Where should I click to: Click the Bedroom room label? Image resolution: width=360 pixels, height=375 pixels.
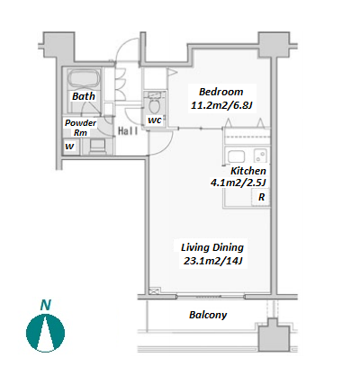(x=221, y=92)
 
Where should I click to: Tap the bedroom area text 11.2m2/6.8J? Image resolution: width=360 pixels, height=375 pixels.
(x=221, y=105)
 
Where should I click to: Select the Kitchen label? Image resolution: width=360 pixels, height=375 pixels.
(x=248, y=171)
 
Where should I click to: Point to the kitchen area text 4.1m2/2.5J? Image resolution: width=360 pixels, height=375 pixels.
(x=238, y=183)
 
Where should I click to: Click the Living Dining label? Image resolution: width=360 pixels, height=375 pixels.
(x=212, y=247)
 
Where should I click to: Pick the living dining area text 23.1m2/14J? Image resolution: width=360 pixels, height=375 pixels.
(x=212, y=261)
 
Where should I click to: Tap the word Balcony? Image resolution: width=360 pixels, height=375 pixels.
(x=208, y=315)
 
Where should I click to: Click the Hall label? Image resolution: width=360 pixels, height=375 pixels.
(x=128, y=131)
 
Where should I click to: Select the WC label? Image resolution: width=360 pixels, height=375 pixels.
(x=155, y=121)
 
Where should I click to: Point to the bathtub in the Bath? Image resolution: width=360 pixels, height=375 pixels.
(x=84, y=78)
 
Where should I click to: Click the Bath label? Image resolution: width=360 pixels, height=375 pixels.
(x=84, y=96)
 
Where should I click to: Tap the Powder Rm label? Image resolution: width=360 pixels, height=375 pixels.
(x=80, y=128)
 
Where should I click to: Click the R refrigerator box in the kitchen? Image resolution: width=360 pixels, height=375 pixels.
(x=261, y=197)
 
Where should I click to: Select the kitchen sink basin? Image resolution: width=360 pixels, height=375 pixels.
(x=236, y=156)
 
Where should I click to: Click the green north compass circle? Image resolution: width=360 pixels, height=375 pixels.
(x=45, y=333)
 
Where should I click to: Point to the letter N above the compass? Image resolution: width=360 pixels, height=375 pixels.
(x=46, y=305)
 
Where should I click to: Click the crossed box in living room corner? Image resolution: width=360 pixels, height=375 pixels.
(x=155, y=290)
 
